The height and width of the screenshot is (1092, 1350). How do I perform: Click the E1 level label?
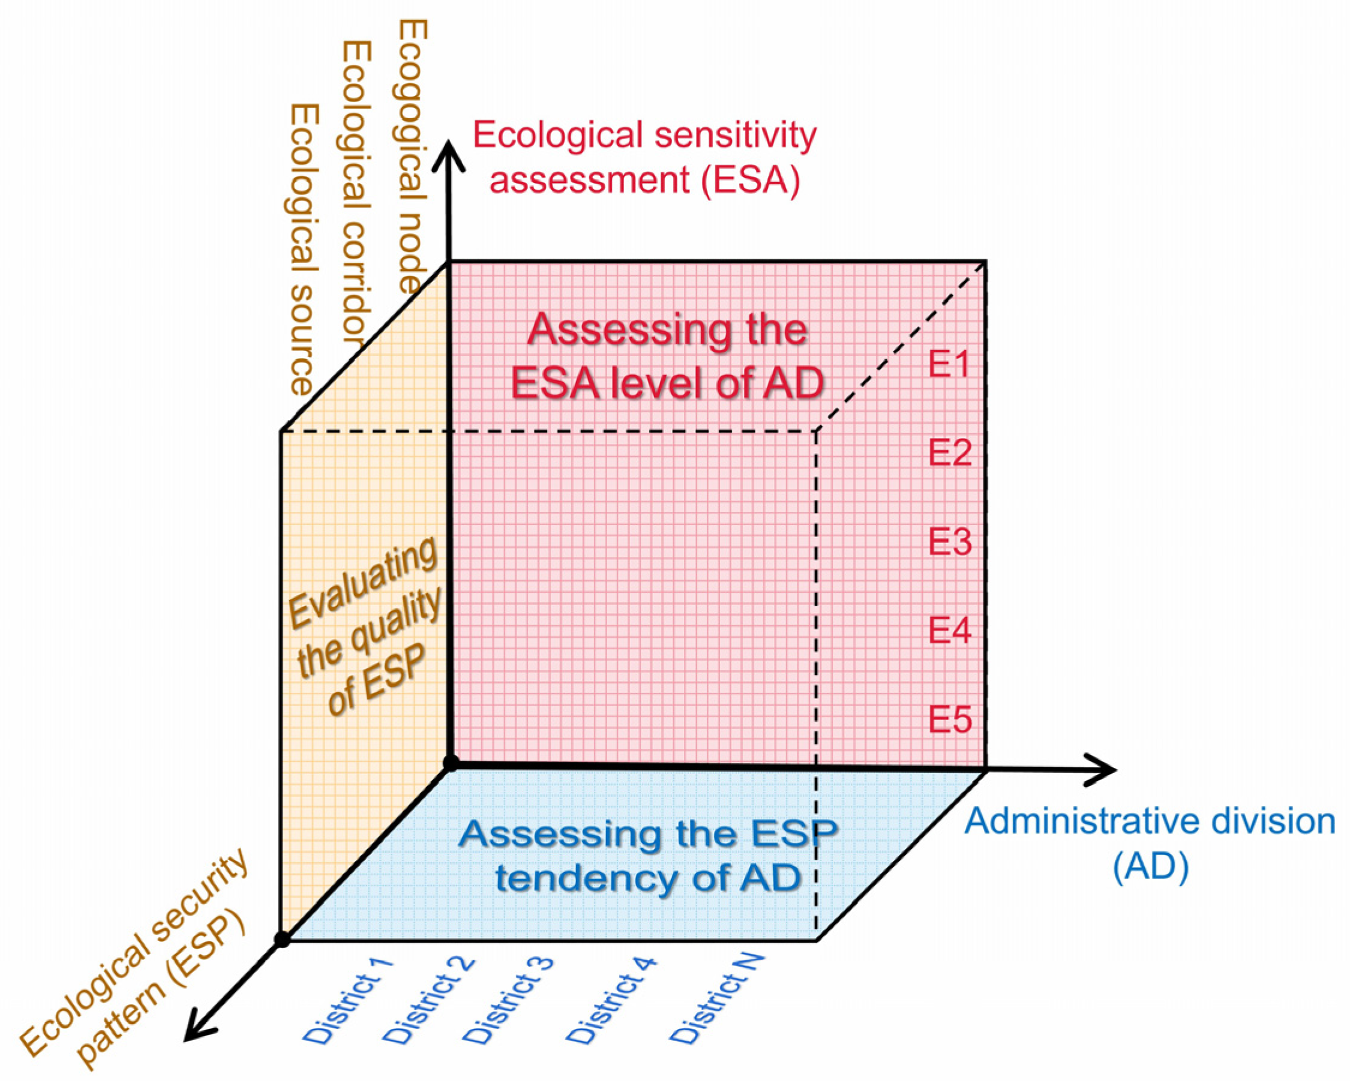point(950,364)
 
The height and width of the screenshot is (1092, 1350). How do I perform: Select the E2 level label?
point(950,452)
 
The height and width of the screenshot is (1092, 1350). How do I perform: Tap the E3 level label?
point(950,542)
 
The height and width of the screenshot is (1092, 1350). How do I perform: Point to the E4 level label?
point(950,629)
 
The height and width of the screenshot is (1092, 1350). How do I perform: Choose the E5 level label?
point(950,719)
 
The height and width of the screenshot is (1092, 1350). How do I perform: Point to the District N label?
point(717,1000)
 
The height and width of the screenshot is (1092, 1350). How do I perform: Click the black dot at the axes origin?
point(451,764)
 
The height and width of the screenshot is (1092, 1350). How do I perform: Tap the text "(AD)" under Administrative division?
point(1151,867)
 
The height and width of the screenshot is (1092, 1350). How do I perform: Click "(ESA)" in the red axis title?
point(751,181)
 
